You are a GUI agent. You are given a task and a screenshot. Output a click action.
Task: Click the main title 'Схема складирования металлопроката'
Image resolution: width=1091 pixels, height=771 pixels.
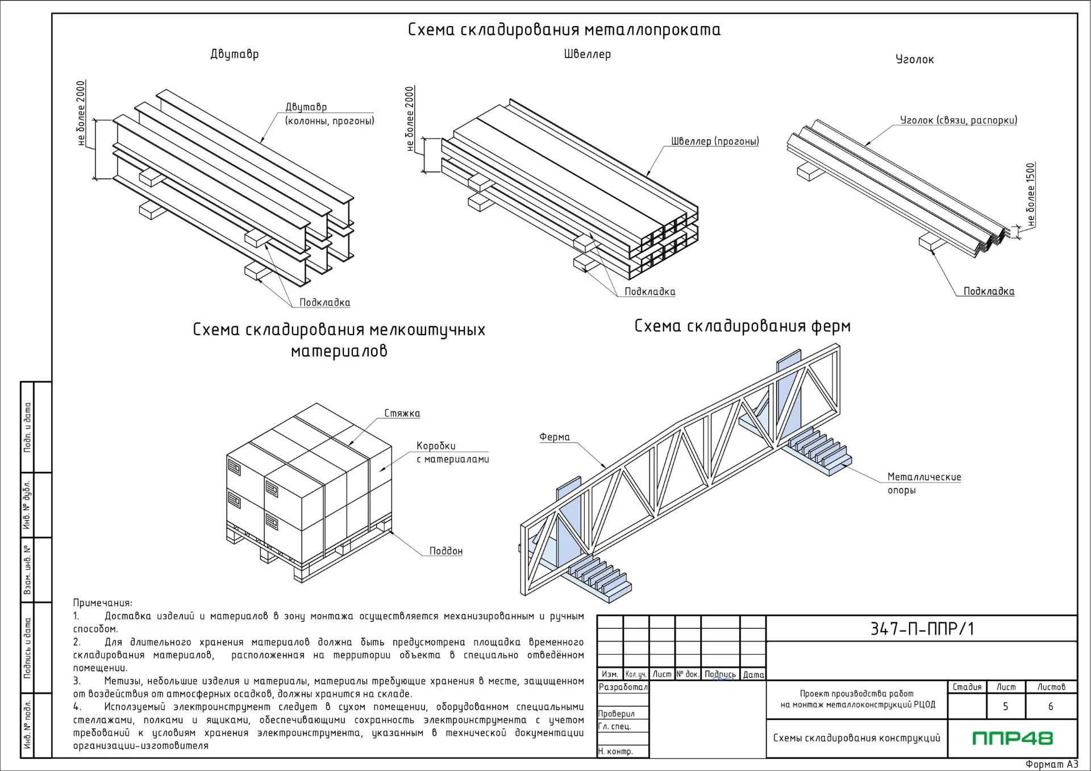[x=564, y=30]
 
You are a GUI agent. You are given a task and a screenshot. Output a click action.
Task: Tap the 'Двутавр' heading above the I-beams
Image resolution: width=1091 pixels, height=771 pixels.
[x=234, y=55]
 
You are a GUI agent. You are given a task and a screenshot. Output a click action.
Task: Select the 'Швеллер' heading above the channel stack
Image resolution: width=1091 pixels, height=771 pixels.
[x=587, y=55]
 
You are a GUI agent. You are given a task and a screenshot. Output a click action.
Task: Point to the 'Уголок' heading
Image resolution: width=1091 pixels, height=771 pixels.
[x=914, y=60]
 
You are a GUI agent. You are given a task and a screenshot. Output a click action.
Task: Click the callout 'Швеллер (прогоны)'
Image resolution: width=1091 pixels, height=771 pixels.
[x=715, y=141]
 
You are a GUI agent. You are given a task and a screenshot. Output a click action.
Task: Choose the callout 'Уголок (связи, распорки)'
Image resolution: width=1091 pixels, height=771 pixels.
[x=959, y=120]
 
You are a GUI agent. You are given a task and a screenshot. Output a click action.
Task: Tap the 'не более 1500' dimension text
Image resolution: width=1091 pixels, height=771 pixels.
[x=1031, y=195]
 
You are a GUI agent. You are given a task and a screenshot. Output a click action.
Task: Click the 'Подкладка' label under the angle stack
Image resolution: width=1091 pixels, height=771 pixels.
[x=989, y=291]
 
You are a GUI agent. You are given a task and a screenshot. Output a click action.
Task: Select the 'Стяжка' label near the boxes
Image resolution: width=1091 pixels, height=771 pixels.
[x=402, y=414]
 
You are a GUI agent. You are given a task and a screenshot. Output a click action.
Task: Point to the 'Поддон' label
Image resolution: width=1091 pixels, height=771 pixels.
[x=446, y=551]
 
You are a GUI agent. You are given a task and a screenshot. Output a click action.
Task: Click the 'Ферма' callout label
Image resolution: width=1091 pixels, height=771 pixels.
[x=555, y=437]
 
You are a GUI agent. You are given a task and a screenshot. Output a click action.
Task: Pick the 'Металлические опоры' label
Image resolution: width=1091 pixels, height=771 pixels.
[x=925, y=484]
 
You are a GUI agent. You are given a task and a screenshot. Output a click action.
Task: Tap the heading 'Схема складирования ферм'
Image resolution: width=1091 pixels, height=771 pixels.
[x=742, y=326]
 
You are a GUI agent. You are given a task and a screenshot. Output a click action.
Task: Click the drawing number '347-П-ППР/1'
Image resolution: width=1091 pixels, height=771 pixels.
[x=922, y=629]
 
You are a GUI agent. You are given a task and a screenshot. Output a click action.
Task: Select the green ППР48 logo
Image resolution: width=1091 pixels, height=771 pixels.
[x=1013, y=738]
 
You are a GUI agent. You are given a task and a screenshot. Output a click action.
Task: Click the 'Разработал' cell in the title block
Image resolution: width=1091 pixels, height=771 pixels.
[x=623, y=687]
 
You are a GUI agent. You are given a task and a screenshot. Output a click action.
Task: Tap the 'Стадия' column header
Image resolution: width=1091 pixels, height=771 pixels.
[x=967, y=687]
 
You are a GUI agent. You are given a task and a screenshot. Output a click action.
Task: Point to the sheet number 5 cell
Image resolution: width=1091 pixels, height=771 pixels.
[x=1005, y=706]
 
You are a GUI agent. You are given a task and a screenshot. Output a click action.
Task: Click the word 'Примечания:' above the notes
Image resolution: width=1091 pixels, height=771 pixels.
[x=102, y=603]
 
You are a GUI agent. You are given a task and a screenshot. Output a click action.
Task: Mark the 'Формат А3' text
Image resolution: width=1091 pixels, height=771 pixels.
[x=1052, y=764]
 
